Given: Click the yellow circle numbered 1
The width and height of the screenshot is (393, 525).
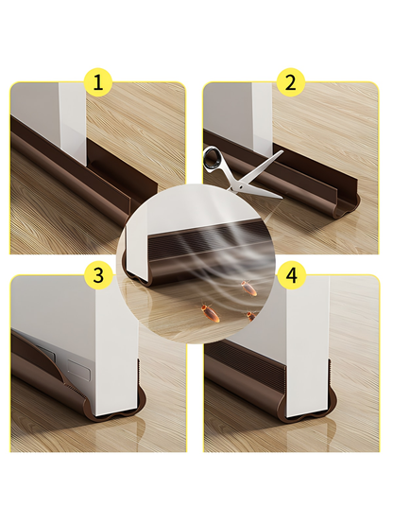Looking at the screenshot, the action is (x=97, y=82).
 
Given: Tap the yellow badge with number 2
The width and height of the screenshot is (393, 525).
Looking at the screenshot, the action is (x=291, y=82).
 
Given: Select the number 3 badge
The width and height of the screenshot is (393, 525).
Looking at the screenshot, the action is (x=97, y=275).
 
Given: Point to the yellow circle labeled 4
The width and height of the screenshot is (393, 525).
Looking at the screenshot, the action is (x=292, y=275).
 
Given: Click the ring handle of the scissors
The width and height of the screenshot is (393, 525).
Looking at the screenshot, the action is (x=214, y=158).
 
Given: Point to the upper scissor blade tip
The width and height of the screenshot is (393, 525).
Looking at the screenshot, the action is (x=283, y=151).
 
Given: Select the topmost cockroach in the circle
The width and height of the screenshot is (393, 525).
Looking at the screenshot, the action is (x=249, y=288).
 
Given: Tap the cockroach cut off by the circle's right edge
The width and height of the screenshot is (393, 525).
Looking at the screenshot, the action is (x=251, y=316).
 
